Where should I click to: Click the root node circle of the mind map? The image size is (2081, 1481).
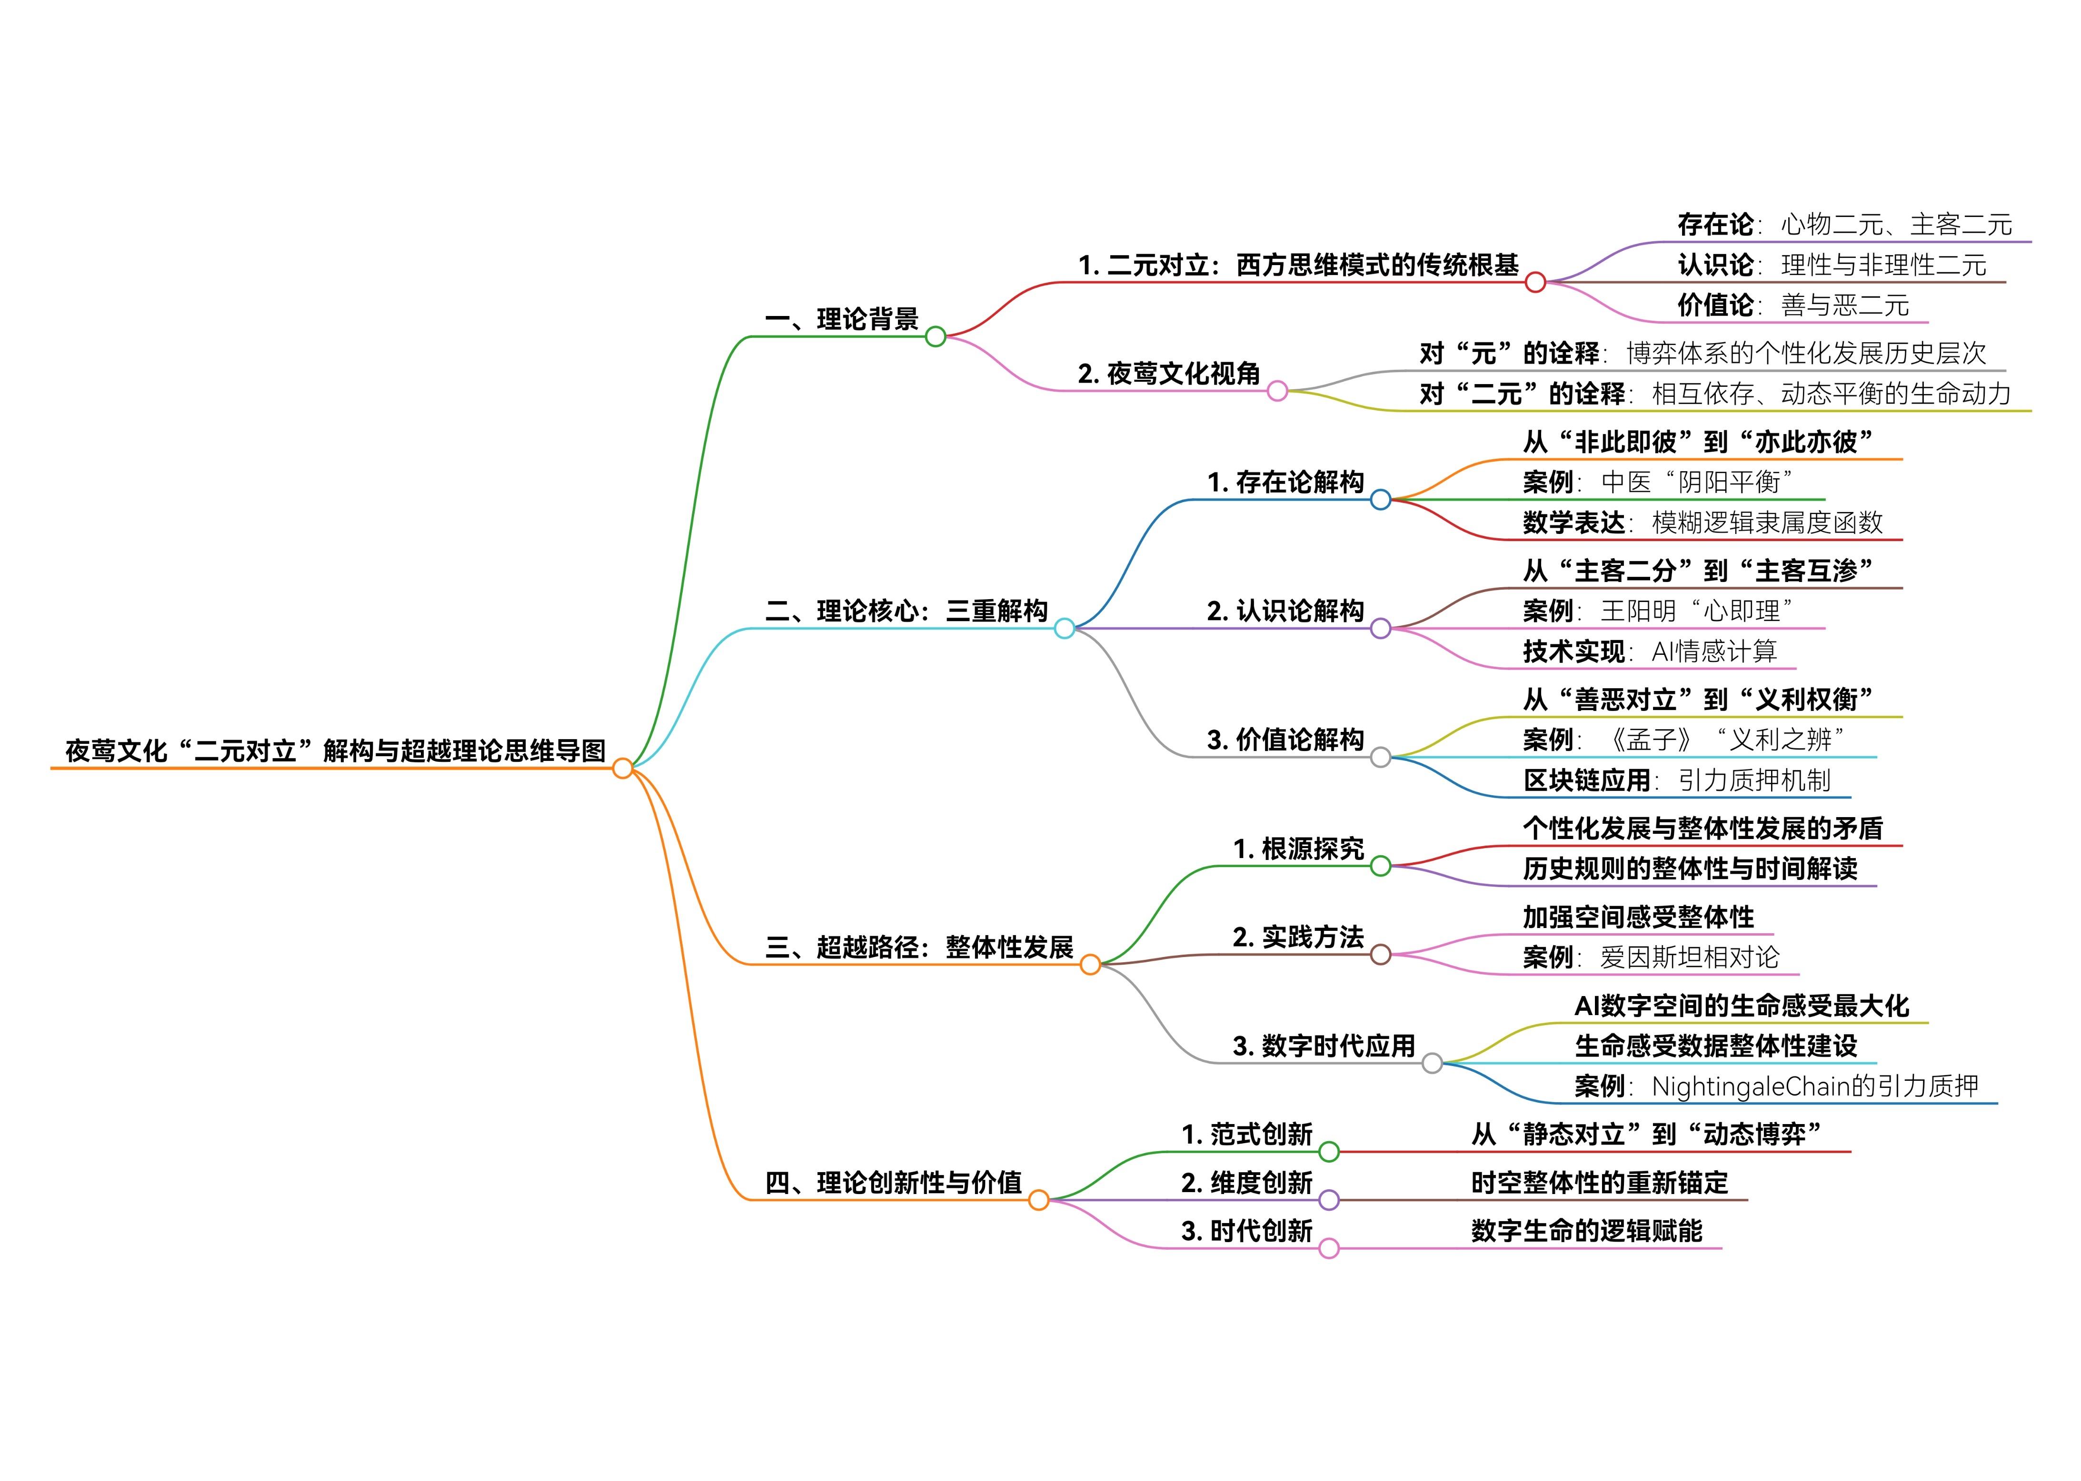tap(622, 768)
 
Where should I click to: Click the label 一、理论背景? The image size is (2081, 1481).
tap(841, 319)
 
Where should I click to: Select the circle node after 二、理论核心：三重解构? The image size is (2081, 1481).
tap(1064, 628)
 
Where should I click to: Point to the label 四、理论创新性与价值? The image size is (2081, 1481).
tap(893, 1183)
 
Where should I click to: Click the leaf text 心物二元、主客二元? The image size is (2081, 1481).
tap(1896, 224)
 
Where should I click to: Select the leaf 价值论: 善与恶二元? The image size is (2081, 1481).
tap(1792, 306)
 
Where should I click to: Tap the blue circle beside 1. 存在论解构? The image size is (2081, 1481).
tap(1380, 500)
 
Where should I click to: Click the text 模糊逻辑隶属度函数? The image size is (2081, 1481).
tap(1767, 523)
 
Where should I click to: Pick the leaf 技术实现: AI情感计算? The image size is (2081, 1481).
tap(1650, 651)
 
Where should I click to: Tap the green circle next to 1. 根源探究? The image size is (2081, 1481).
tap(1380, 866)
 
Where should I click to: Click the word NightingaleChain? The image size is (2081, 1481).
tap(1750, 1086)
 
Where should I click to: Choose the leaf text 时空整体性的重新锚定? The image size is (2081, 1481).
tap(1599, 1183)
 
